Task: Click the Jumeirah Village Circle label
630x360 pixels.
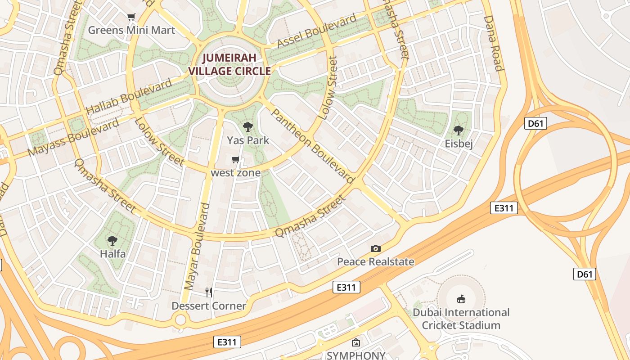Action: [x=229, y=64]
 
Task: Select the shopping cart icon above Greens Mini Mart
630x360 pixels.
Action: [x=131, y=17]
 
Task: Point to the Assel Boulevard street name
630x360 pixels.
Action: [x=317, y=31]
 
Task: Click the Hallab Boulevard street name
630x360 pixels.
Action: [x=129, y=96]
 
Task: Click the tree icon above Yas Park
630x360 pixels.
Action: [x=247, y=127]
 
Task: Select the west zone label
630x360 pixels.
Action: [x=236, y=173]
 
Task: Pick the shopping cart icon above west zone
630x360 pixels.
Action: [x=235, y=160]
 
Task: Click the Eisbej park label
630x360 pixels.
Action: [x=459, y=144]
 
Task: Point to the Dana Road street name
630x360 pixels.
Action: [x=493, y=44]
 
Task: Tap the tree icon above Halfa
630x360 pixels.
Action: [x=112, y=241]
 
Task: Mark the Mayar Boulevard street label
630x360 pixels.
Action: [x=198, y=246]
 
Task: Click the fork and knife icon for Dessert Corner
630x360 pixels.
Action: [x=209, y=292]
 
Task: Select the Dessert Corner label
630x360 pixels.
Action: [x=209, y=306]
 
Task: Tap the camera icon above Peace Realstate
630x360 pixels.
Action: [x=376, y=248]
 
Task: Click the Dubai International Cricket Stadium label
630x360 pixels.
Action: [x=461, y=319]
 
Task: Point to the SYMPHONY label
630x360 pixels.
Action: [x=356, y=355]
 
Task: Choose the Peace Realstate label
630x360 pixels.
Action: [x=376, y=261]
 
